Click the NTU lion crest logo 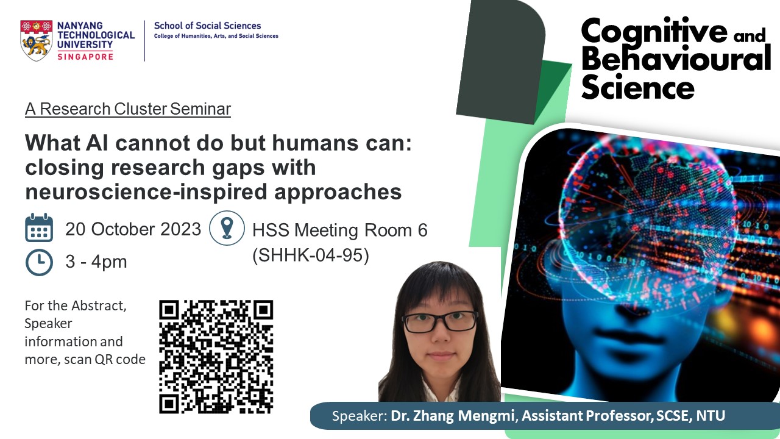click(37, 40)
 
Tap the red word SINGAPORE click(85, 57)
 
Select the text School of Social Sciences click(208, 26)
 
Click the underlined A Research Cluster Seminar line click(128, 109)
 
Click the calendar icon click(39, 227)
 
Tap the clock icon click(39, 262)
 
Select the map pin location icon click(227, 228)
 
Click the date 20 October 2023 click(133, 229)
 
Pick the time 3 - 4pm click(96, 262)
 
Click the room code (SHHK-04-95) click(311, 255)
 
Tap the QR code click(216, 357)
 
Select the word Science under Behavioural click(637, 87)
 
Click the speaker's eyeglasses click(440, 321)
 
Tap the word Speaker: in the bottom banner click(360, 416)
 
